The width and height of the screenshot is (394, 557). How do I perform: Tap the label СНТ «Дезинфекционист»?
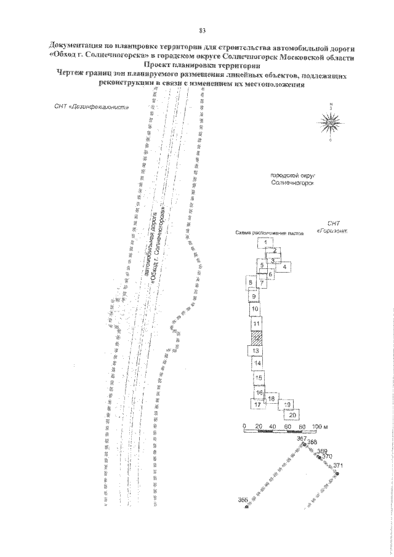(x=92, y=106)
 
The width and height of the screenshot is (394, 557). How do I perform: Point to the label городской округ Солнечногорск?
(x=293, y=180)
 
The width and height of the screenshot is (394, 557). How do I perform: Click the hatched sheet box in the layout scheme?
(x=256, y=338)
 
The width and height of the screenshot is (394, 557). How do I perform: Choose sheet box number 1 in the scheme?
(x=265, y=243)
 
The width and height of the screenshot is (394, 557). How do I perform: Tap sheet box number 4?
(x=284, y=266)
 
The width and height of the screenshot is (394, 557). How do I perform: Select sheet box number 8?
(x=251, y=283)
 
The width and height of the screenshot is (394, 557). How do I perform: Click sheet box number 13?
(x=256, y=350)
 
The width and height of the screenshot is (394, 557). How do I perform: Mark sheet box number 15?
(x=259, y=378)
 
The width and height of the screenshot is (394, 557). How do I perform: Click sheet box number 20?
(x=292, y=415)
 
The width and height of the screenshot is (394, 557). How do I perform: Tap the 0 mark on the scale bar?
(x=244, y=426)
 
